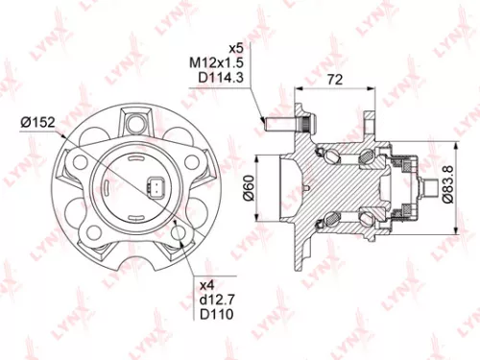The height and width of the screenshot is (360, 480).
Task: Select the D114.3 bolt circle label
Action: (x=217, y=78)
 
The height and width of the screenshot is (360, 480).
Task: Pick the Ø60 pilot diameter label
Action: (x=248, y=190)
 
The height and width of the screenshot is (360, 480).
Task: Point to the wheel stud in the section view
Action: (x=278, y=122)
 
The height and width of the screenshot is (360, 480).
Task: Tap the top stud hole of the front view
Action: (x=135, y=121)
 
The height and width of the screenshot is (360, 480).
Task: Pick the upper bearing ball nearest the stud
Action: (x=330, y=150)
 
